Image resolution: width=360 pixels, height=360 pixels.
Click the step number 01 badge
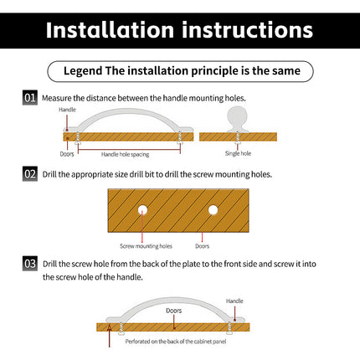tap(30, 98)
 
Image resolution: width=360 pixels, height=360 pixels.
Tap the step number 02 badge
tap(30, 174)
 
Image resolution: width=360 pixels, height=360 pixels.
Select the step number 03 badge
tap(30, 264)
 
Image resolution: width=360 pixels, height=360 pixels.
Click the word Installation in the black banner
tap(110, 30)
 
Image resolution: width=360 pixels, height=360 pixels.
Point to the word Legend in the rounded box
tap(83, 71)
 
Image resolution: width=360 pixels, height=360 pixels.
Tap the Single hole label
tap(238, 153)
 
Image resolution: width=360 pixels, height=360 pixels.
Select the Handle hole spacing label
tap(125, 154)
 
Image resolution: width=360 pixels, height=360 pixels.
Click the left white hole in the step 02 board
tap(142, 210)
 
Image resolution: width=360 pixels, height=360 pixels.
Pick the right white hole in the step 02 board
tap(213, 210)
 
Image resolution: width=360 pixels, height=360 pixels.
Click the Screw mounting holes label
tap(146, 246)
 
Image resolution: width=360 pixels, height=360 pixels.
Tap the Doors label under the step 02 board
tap(202, 246)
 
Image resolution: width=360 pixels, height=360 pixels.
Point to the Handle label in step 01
tap(67, 110)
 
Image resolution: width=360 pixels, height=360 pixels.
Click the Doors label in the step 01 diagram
tap(67, 154)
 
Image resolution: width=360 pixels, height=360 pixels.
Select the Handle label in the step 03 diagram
tap(234, 301)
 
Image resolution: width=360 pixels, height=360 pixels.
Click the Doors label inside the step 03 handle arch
tap(173, 311)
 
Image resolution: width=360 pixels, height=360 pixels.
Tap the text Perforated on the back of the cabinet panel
tap(176, 342)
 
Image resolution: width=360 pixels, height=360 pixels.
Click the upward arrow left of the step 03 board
tap(110, 336)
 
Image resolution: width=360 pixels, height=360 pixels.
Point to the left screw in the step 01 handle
tap(78, 138)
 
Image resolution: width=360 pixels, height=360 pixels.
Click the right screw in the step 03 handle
tap(229, 327)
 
